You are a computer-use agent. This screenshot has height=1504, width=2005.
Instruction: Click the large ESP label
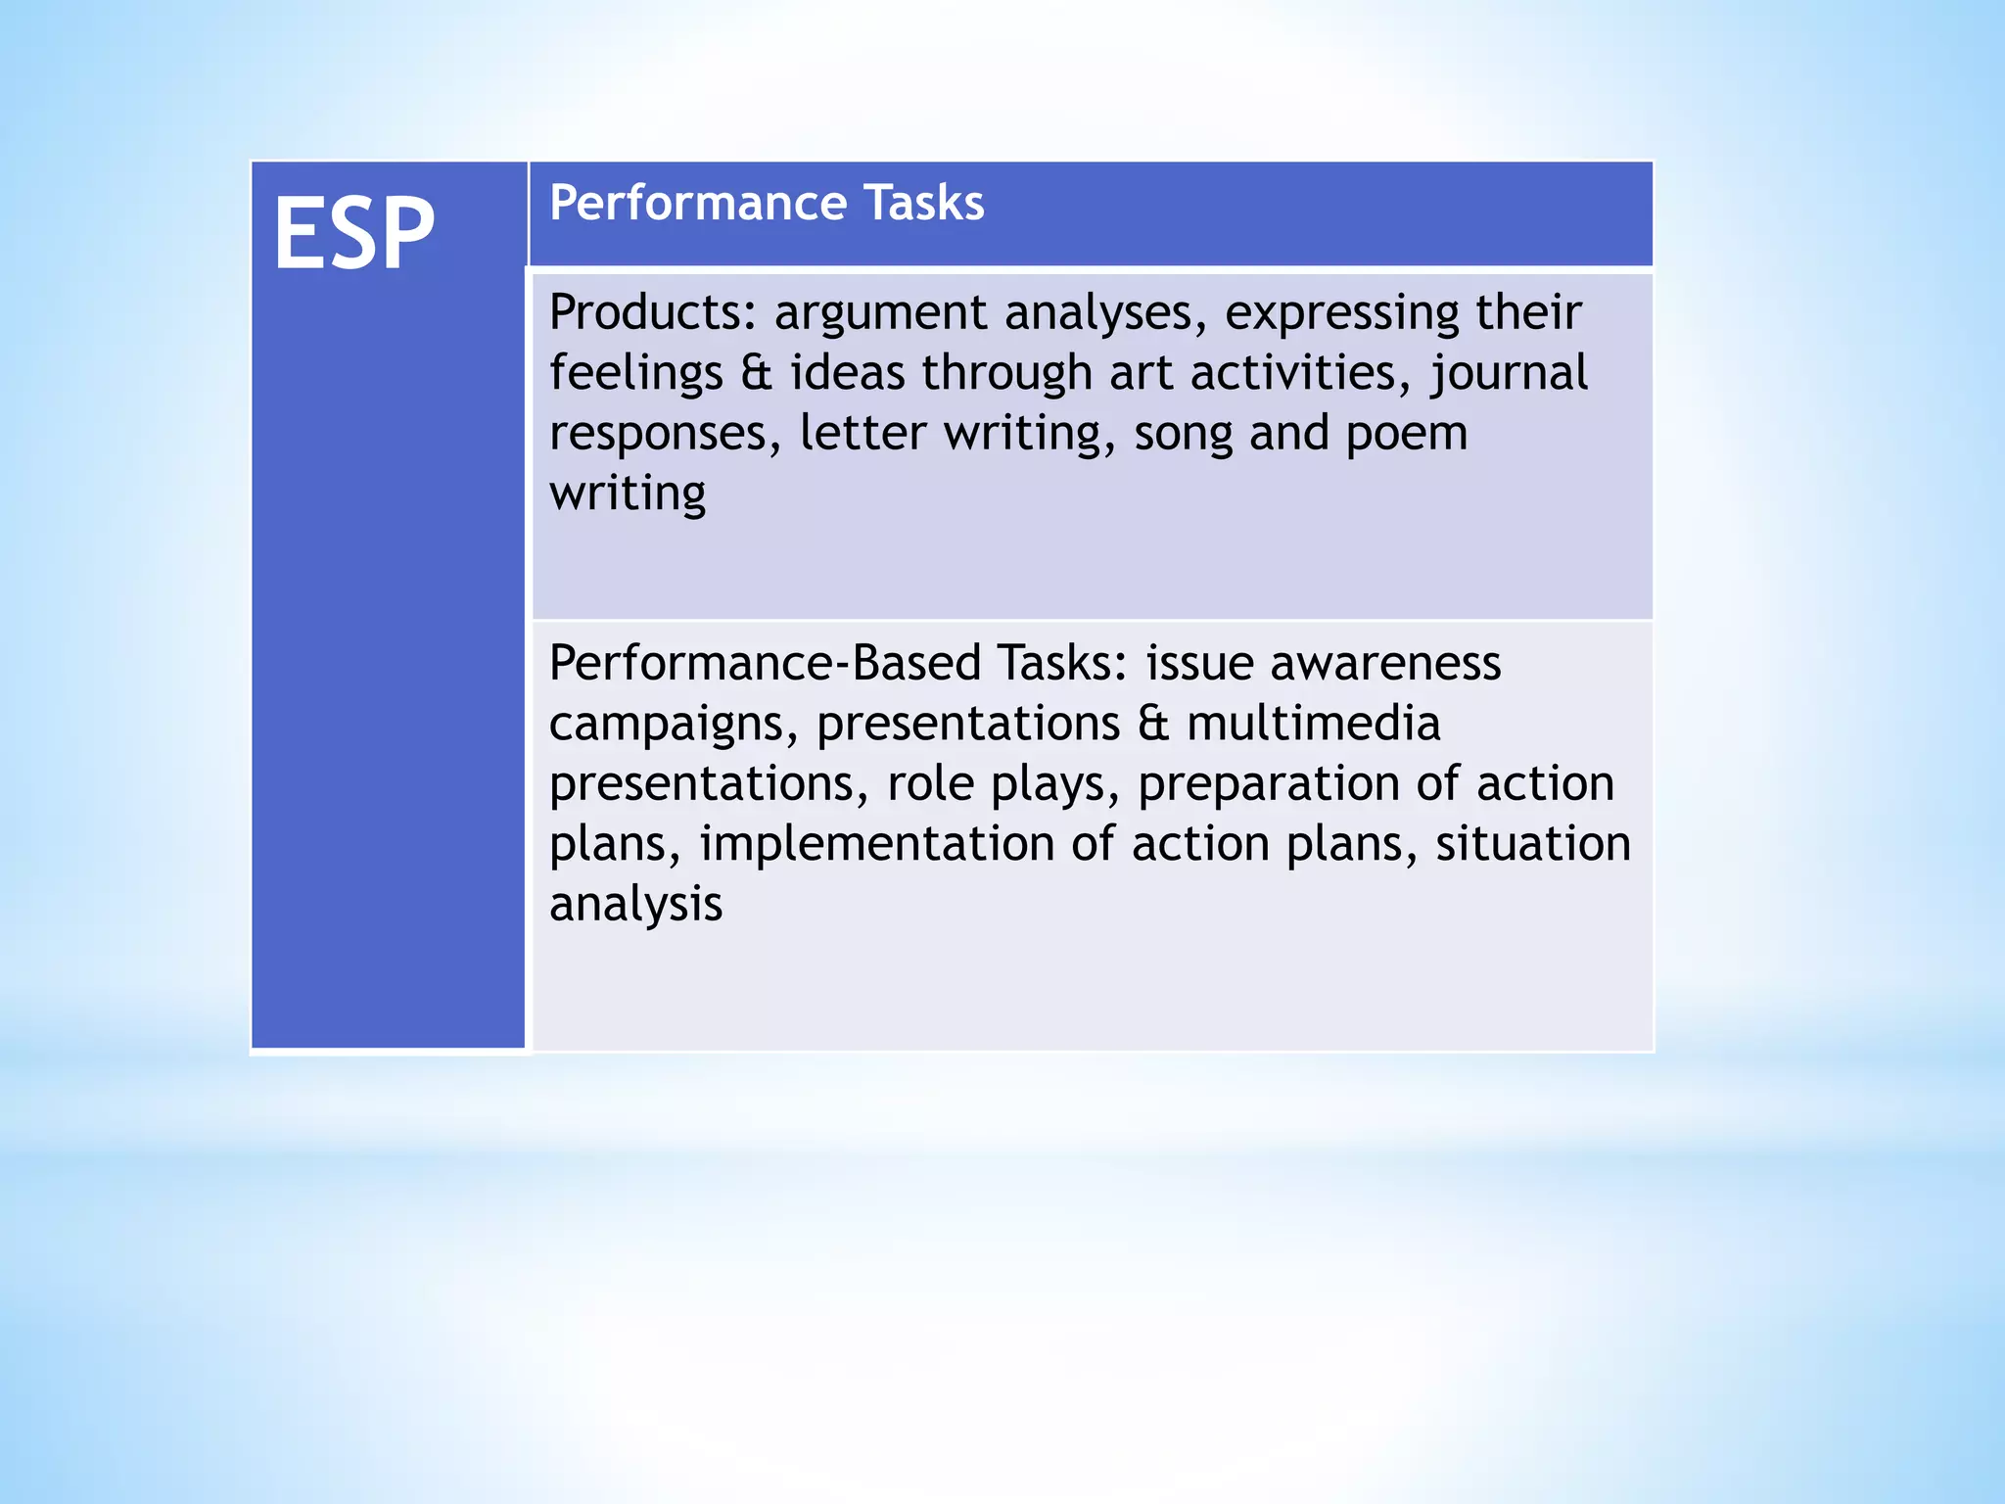point(354,233)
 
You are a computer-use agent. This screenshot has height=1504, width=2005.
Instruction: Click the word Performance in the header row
point(697,203)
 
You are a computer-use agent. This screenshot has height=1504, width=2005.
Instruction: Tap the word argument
point(881,314)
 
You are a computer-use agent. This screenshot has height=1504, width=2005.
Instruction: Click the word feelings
point(635,374)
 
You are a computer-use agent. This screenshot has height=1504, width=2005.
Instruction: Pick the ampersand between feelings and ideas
point(756,373)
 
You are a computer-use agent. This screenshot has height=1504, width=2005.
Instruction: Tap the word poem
point(1406,434)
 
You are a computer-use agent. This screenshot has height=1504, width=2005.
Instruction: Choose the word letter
point(863,433)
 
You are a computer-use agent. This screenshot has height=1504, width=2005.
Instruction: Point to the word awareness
point(1385,663)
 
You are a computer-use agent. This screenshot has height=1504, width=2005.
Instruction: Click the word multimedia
point(1313,724)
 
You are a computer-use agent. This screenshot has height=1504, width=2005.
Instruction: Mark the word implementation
point(876,844)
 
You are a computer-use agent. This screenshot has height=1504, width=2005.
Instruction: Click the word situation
point(1533,844)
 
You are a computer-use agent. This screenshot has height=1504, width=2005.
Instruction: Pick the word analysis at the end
point(635,904)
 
